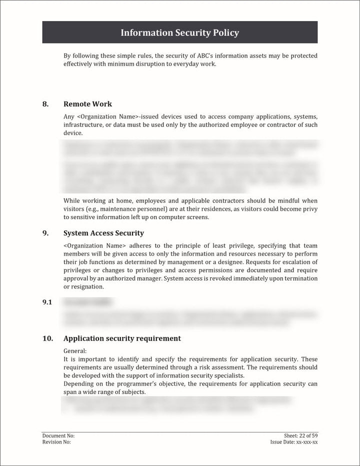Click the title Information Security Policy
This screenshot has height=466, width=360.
(179, 33)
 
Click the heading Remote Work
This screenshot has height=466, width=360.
(87, 104)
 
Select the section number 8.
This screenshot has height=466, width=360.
(45, 104)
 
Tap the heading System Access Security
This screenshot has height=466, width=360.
(103, 233)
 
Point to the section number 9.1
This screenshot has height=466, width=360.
(47, 302)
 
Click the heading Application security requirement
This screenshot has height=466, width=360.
(122, 338)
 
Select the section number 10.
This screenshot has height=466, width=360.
(47, 338)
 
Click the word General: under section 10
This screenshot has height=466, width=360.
(75, 351)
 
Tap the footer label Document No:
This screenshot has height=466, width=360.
(58, 436)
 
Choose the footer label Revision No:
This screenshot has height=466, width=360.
(56, 442)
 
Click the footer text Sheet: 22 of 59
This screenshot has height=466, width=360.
(300, 436)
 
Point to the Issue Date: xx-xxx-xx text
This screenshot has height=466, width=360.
(293, 442)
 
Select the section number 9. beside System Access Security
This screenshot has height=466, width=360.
(45, 233)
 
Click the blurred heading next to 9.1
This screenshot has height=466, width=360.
(87, 302)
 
